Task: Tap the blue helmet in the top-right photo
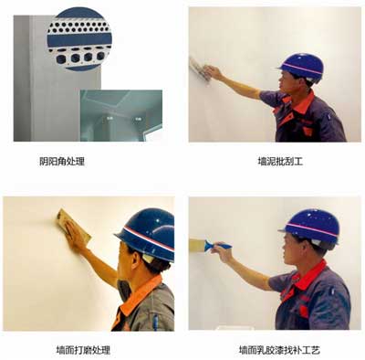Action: pos(302,66)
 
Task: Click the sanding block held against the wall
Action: pos(67,227)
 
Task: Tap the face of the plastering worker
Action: pos(288,90)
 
